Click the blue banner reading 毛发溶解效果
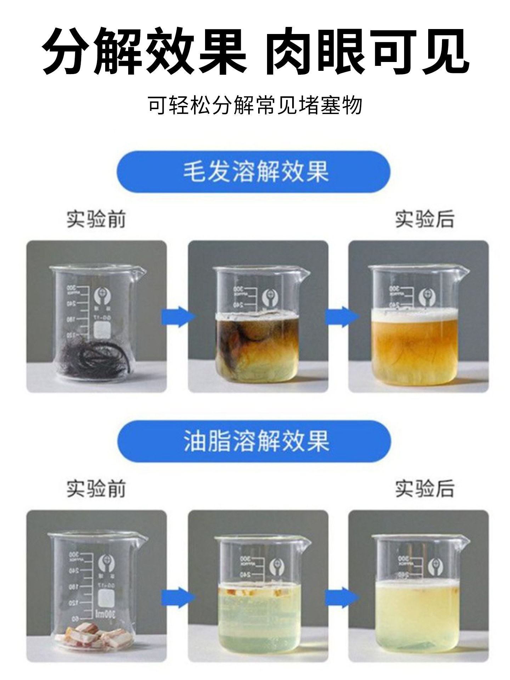pos(254,172)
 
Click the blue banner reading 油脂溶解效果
pos(254,441)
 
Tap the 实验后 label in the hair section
pos(424,220)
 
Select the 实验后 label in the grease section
pos(424,489)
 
